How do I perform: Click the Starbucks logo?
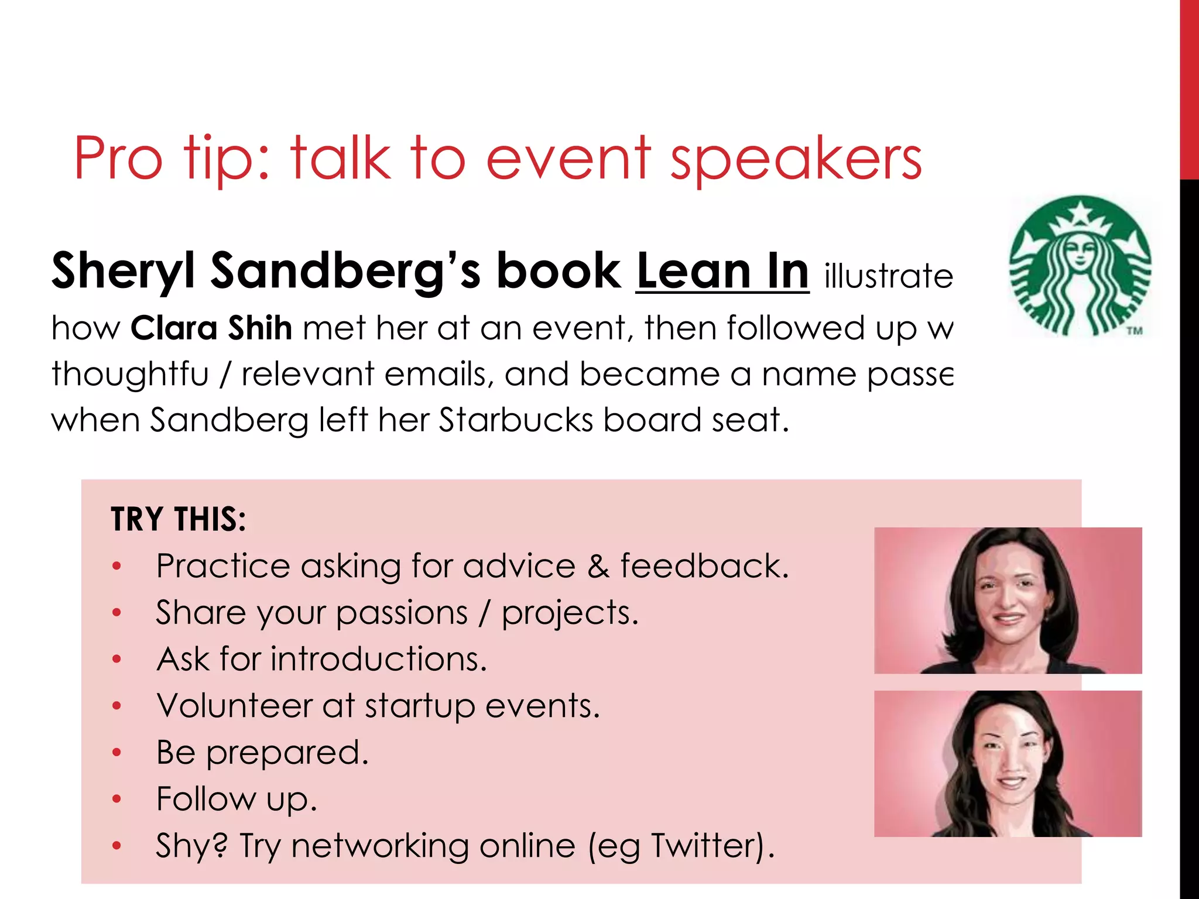[x=1081, y=266]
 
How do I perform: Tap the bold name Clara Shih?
[x=211, y=328]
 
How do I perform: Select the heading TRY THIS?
[x=179, y=519]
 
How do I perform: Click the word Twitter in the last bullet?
[x=708, y=846]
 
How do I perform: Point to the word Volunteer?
[x=234, y=705]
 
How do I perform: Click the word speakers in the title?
[x=796, y=159]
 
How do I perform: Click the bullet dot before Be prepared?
[x=117, y=752]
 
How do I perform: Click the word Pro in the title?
[x=118, y=159]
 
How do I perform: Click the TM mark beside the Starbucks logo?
[x=1135, y=331]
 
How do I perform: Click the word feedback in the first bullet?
[x=704, y=567]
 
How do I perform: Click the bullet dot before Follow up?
[x=117, y=799]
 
